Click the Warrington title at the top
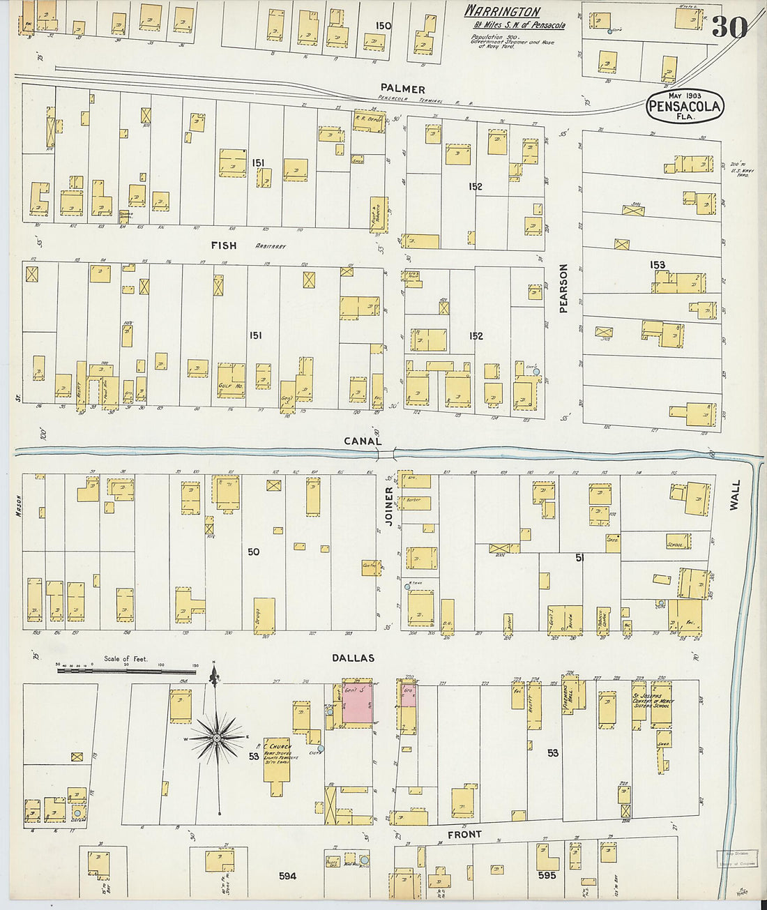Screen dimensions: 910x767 coord(502,11)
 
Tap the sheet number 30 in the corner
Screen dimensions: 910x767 coord(729,27)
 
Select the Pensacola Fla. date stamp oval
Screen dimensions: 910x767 coord(685,107)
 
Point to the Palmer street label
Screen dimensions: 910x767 coord(402,89)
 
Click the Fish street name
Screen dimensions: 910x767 coord(223,245)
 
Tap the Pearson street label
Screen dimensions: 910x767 coord(563,288)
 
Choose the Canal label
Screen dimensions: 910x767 coord(363,441)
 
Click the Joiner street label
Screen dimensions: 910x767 coord(389,506)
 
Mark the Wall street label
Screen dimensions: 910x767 coord(734,494)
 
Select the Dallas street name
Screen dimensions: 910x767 coord(353,658)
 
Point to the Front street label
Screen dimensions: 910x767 coord(464,834)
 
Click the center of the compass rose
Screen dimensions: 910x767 coord(217,737)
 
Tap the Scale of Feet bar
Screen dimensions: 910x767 coord(127,672)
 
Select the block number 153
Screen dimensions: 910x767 coord(657,264)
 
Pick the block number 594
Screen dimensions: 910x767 coord(287,876)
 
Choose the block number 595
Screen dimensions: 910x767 coord(547,874)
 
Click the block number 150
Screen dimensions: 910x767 coord(383,26)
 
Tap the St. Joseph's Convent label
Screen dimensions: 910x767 coord(651,700)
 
